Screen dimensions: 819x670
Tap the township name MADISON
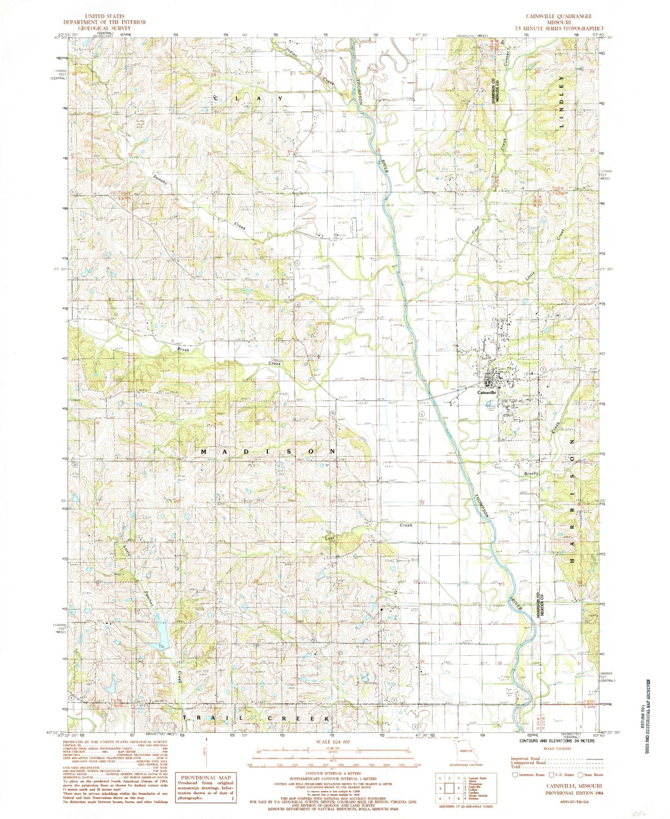[x=268, y=451]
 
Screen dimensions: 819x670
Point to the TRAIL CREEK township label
[x=258, y=718]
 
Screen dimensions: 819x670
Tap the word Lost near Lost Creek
[x=330, y=539]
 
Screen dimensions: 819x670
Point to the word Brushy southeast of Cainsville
[x=531, y=474]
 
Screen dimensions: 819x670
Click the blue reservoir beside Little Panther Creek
[x=162, y=632]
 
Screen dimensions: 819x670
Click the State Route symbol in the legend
[x=581, y=775]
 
